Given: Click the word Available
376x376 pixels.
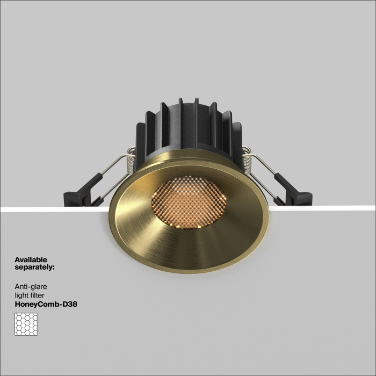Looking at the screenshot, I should [x=31, y=260].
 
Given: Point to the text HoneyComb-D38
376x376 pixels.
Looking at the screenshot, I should [x=46, y=304].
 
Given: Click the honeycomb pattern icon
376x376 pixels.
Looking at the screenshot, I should [x=26, y=324].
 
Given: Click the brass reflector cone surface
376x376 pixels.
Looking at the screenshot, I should [x=161, y=242].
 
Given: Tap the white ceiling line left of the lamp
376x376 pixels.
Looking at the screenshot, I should [x=48, y=209].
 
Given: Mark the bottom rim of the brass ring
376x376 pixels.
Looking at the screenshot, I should [x=188, y=272].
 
